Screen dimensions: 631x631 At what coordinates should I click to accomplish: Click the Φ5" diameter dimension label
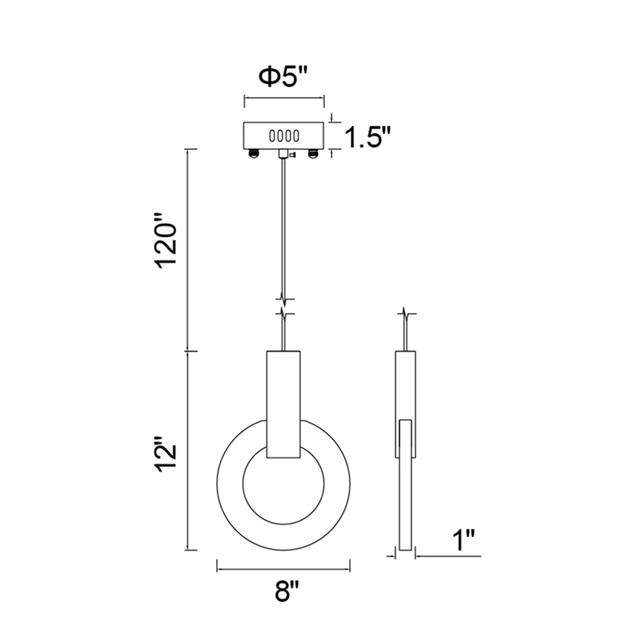click(x=283, y=77)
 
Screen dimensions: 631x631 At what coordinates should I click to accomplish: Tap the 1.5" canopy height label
click(x=368, y=138)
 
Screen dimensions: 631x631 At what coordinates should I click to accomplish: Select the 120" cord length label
click(x=166, y=241)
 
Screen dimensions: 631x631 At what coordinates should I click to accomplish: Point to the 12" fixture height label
click(x=166, y=453)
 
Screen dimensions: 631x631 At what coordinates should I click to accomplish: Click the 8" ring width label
click(x=287, y=590)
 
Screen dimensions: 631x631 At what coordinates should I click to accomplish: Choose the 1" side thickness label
click(x=465, y=540)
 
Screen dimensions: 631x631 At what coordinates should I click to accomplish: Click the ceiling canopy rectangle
click(x=284, y=136)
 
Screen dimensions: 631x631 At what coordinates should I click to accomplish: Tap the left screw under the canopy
click(x=253, y=153)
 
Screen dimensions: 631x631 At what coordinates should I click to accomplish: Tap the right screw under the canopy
click(x=313, y=153)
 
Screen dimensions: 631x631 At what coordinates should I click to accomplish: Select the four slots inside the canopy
click(x=284, y=136)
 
